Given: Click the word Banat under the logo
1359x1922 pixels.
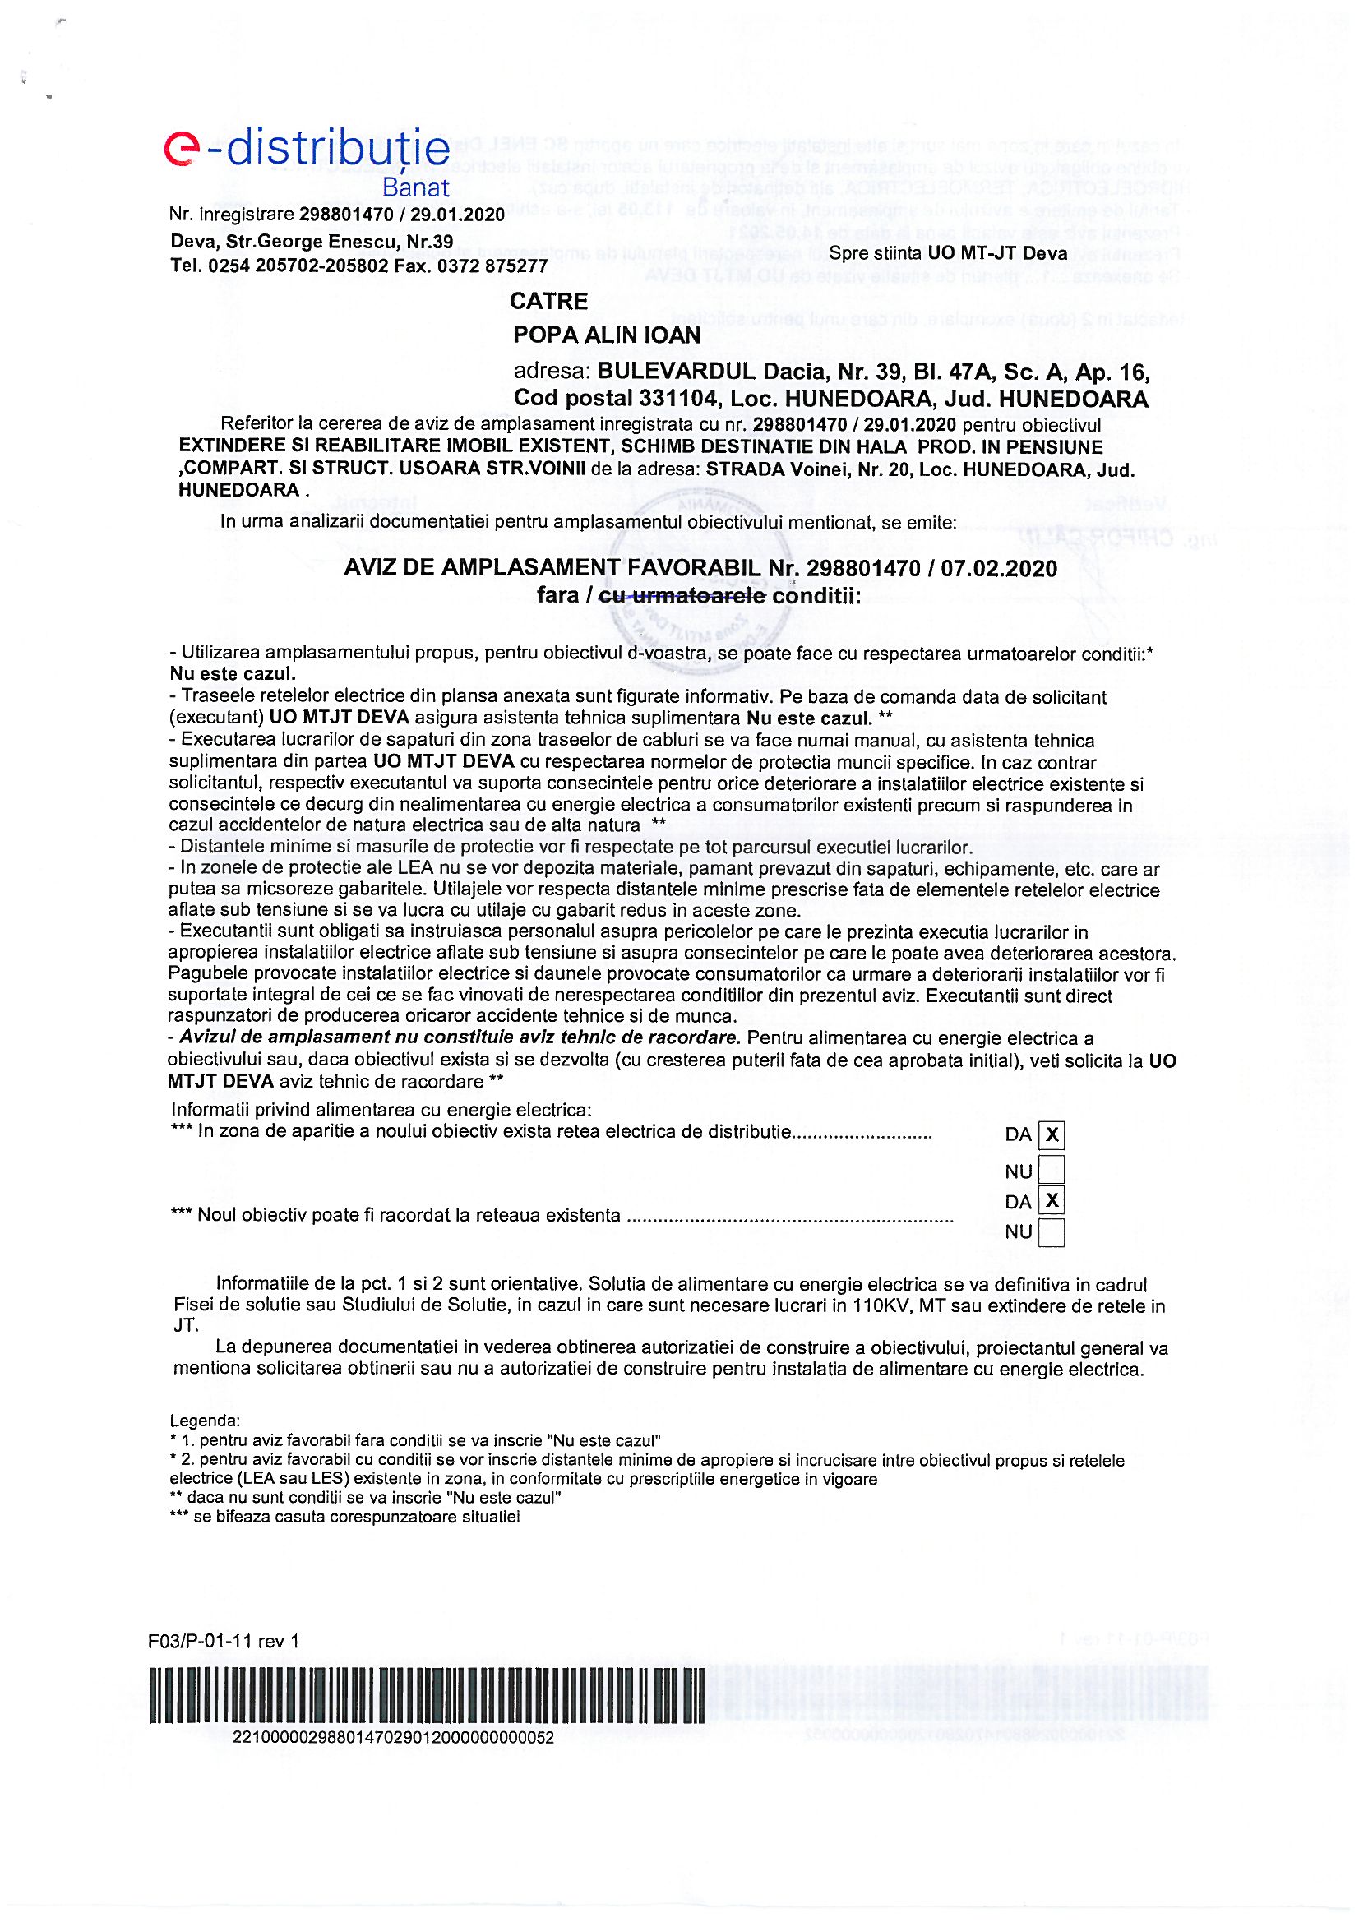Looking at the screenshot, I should pyautogui.click(x=415, y=187).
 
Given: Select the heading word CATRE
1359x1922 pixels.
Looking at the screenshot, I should pyautogui.click(x=548, y=302).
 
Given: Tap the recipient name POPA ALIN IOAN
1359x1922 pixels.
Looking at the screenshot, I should pyautogui.click(x=606, y=335).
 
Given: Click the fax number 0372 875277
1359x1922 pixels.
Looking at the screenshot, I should pyautogui.click(x=497, y=266).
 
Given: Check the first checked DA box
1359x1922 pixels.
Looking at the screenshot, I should pyautogui.click(x=1051, y=1135).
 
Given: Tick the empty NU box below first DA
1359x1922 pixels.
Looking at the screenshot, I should pyautogui.click(x=1051, y=1169).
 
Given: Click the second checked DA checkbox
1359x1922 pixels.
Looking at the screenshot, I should pyautogui.click(x=1051, y=1201).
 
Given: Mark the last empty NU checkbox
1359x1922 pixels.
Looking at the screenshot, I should pyautogui.click(x=1051, y=1232).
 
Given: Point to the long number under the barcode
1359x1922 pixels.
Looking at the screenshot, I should pyautogui.click(x=393, y=1737).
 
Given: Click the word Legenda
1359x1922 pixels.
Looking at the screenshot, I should pyautogui.click(x=205, y=1421).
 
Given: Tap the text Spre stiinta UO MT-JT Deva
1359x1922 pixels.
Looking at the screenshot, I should pyautogui.click(x=948, y=253).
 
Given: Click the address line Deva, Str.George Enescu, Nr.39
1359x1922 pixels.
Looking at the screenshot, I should pyautogui.click(x=312, y=242).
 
